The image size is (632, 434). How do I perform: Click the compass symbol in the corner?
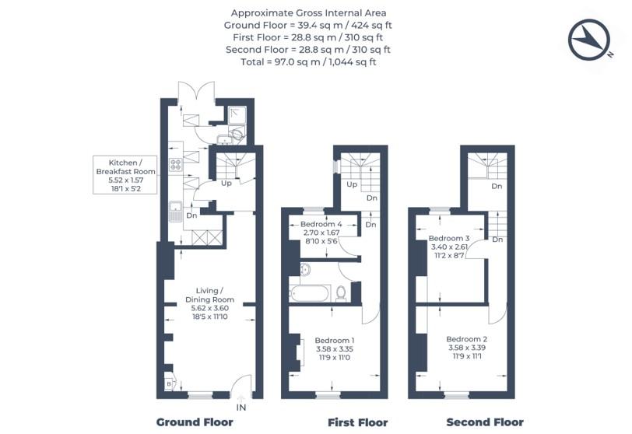[589, 40]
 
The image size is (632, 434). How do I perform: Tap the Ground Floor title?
[195, 422]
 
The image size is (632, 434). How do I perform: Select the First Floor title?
[358, 422]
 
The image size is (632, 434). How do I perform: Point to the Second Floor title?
[485, 422]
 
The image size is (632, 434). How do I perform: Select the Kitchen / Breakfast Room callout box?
[125, 175]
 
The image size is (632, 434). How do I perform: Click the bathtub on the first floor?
[311, 293]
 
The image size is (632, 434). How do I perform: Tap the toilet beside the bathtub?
[341, 293]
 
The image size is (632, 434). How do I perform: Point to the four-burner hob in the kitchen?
[176, 164]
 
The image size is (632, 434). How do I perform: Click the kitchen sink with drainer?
[175, 212]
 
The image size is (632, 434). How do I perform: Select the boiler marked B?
[170, 384]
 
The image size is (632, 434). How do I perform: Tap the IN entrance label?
[241, 408]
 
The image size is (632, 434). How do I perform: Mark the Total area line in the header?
[308, 62]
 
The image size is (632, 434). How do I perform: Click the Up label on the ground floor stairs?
[226, 184]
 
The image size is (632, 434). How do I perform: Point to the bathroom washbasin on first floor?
[305, 269]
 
